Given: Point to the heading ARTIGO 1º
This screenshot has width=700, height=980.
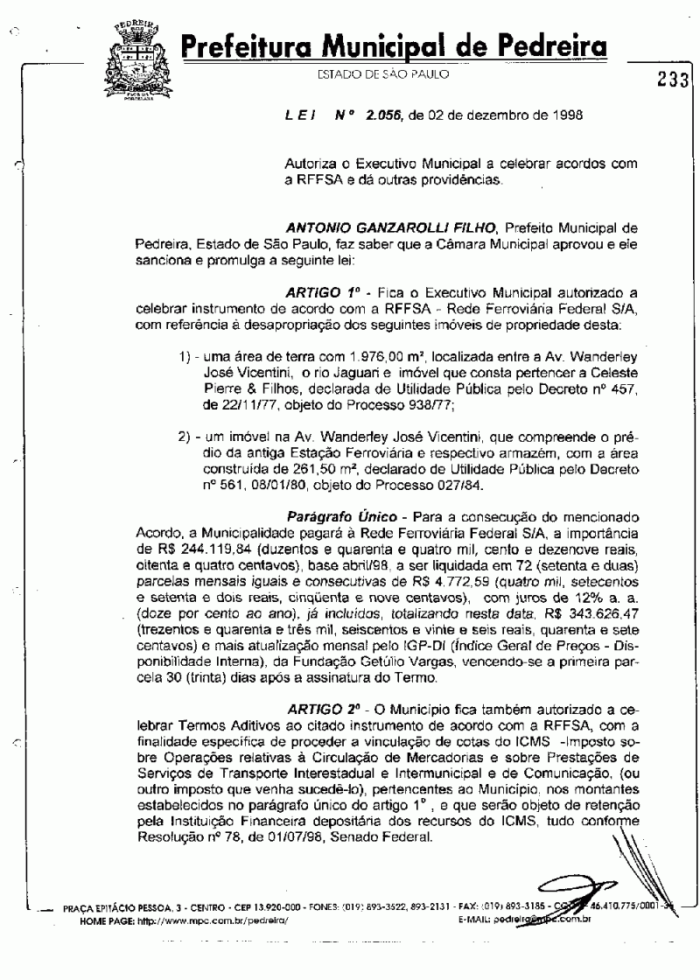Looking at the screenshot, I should (x=317, y=290).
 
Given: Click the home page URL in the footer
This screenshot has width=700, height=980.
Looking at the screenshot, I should (x=226, y=921).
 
